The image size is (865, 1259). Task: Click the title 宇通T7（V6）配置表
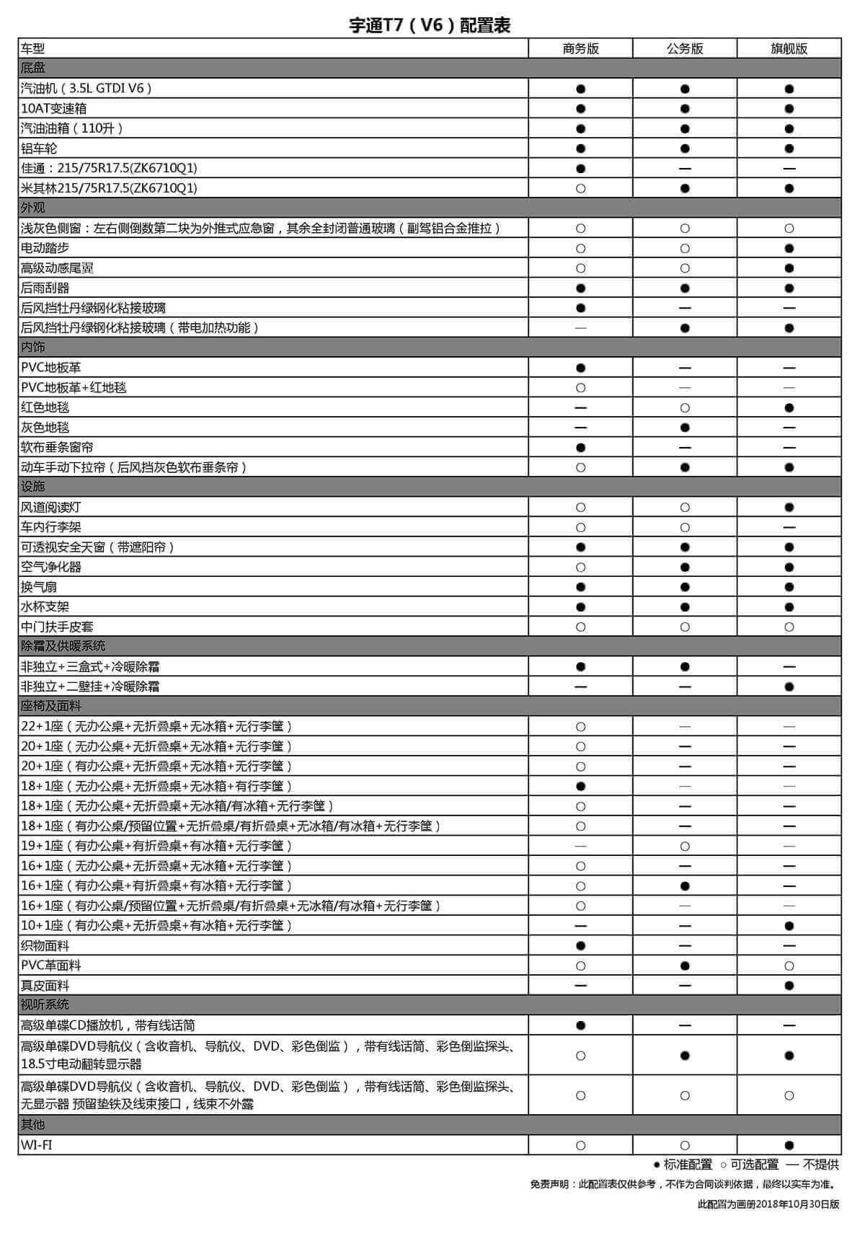click(430, 25)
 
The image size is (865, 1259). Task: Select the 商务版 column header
click(580, 48)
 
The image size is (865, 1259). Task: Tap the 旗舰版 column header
click(789, 48)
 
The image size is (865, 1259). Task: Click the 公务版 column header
click(685, 48)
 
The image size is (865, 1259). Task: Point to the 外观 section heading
click(33, 208)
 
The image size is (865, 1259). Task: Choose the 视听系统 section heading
click(45, 1004)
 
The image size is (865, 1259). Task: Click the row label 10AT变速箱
click(53, 108)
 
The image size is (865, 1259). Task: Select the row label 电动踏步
click(45, 248)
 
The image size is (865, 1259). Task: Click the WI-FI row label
click(36, 1144)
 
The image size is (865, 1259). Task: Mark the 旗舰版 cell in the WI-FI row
click(789, 1144)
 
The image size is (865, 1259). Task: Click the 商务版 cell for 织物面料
click(580, 945)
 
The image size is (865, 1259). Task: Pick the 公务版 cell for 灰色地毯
click(685, 428)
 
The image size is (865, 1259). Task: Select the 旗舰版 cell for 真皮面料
click(789, 985)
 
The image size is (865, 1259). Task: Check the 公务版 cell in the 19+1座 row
click(685, 846)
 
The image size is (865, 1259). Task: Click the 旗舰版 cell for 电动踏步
click(789, 248)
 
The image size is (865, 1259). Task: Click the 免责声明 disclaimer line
click(683, 1183)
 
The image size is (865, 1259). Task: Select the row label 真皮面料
click(45, 985)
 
